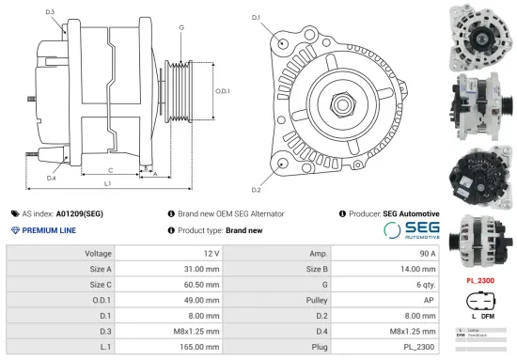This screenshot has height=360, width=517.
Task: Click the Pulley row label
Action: [x=318, y=301]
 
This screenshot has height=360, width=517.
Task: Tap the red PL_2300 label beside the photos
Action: [x=481, y=280]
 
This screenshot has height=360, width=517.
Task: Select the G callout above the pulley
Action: [x=181, y=28]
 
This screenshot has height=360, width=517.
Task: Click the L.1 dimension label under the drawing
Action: [x=108, y=183]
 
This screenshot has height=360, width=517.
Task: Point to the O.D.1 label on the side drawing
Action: [x=223, y=90]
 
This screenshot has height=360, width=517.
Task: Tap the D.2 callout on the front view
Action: [x=256, y=164]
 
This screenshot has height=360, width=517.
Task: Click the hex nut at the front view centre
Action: [x=339, y=100]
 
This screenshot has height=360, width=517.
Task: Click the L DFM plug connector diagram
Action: [x=481, y=305]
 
